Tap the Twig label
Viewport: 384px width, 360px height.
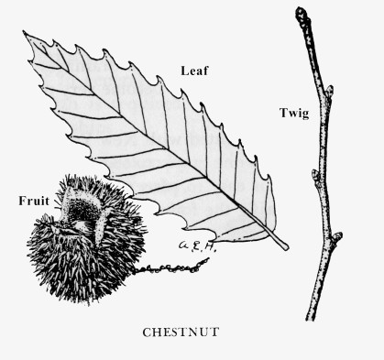[295, 113]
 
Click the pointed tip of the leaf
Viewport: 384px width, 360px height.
[26, 35]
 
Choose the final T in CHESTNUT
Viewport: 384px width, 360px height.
[212, 333]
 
